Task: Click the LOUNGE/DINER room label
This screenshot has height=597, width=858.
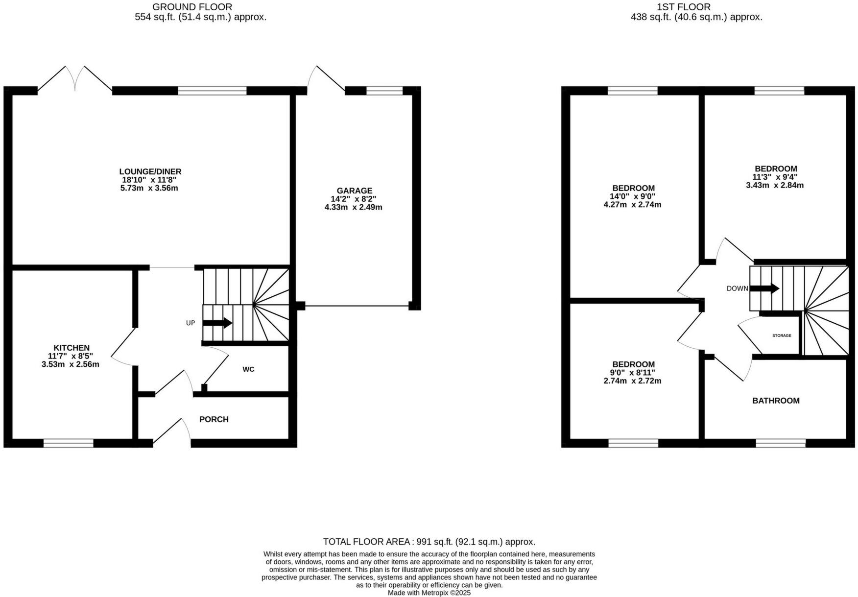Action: pos(150,171)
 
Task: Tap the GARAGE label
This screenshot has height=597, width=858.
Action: pos(354,191)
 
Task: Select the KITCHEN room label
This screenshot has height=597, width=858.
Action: pos(71,348)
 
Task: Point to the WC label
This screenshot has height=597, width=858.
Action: pos(248,369)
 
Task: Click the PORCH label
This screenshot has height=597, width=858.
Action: pos(214,419)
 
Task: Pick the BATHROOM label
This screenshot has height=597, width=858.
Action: pos(776,401)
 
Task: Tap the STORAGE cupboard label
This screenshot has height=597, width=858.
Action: pos(782,335)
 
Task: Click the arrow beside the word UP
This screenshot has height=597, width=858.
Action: pos(217,323)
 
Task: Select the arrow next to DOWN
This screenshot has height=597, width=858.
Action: pos(764,288)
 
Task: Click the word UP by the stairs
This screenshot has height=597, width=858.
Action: pos(191,323)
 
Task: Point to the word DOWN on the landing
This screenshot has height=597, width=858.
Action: pos(738,288)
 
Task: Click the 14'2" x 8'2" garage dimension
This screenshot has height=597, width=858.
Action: pos(354,199)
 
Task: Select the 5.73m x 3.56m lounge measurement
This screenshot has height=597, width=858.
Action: pos(149,188)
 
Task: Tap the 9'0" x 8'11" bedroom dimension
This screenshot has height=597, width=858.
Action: pos(632,373)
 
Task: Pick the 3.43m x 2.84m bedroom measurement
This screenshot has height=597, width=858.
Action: pos(775,185)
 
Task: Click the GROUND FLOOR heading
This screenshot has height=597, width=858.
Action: pos(192,7)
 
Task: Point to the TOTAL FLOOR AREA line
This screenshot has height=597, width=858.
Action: pos(429,542)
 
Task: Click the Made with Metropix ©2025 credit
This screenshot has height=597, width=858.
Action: pos(429,593)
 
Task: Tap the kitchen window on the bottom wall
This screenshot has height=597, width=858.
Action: pos(69,443)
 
